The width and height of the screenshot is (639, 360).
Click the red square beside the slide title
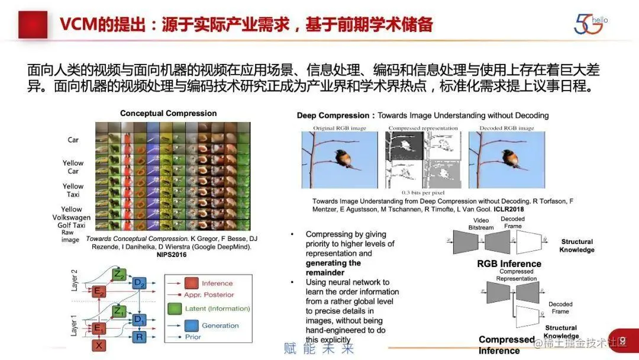pos(32,24)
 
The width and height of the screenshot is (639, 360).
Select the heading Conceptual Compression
pos(168,113)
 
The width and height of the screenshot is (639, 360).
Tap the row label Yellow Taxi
pos(73,190)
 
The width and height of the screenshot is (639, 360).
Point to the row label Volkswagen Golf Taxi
pos(72,221)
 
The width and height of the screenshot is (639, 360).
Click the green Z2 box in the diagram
pos(120,274)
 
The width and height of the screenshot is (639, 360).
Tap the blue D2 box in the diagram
pos(139,283)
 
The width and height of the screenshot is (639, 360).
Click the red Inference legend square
pos(191,283)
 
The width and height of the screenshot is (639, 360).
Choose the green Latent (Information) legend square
pos(175,308)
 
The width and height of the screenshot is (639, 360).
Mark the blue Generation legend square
pos(191,326)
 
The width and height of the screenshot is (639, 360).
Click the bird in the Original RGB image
pos(341,158)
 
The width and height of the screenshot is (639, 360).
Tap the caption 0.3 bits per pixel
pos(422,192)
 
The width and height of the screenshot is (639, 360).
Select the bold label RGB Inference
pos(509,263)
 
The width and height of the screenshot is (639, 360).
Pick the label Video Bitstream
pos(481,224)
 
